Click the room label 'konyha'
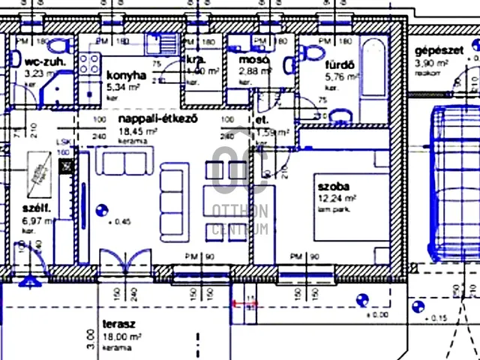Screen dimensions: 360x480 tap(125, 76)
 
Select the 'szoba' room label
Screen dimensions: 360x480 tap(333, 186)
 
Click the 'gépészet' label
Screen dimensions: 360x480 tap(437, 51)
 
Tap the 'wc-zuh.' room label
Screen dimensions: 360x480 tap(43, 62)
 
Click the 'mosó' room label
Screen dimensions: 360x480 tap(249, 60)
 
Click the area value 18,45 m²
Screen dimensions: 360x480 tap(138, 130)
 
